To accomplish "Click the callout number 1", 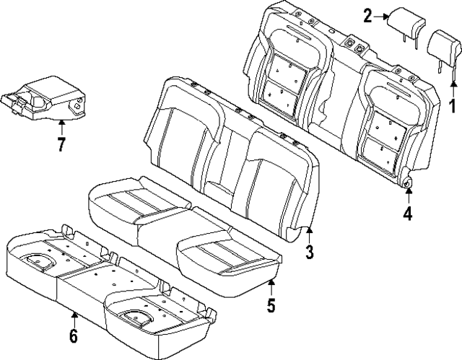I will (453, 108).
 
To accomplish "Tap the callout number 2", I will (368, 15).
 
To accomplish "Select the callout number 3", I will (310, 252).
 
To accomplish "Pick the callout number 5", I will (271, 305).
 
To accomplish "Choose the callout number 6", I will (74, 336).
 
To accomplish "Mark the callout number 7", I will (61, 144).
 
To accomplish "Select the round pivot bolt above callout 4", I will (408, 184).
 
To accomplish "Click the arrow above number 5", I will (271, 285).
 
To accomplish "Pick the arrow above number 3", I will (310, 233).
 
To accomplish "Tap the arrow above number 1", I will (453, 87).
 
